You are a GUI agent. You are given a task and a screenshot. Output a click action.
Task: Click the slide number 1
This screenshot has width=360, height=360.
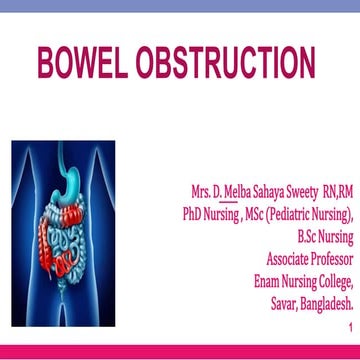(350, 327)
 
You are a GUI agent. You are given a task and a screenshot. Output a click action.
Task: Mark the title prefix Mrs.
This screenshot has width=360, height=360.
(200, 191)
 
